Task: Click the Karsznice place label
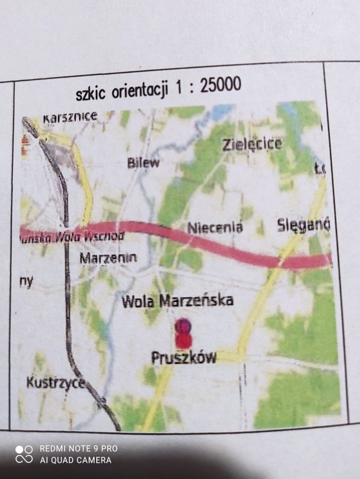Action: (x=69, y=118)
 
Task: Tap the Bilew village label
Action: (x=144, y=162)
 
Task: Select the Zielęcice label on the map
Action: (x=252, y=145)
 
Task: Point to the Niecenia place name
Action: (x=215, y=228)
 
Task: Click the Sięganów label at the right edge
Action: (x=303, y=226)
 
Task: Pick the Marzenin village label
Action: (x=108, y=258)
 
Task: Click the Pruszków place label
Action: (x=183, y=357)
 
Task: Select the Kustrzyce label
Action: (x=55, y=383)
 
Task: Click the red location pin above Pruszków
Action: (x=183, y=333)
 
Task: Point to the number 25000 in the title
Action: (x=221, y=85)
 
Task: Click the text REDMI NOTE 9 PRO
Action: (x=79, y=449)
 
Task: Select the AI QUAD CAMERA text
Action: (x=75, y=460)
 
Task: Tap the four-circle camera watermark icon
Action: (x=24, y=454)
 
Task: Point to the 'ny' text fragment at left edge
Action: (x=26, y=281)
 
